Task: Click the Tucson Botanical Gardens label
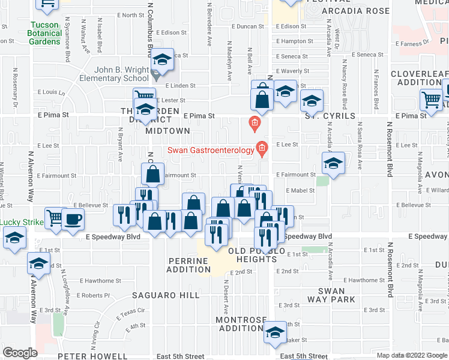(46, 33)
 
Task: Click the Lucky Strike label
(22, 222)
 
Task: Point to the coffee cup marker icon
(73, 219)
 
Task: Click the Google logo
(20, 352)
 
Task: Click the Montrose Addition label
(240, 324)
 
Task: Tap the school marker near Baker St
(275, 333)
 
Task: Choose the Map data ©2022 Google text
(412, 355)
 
